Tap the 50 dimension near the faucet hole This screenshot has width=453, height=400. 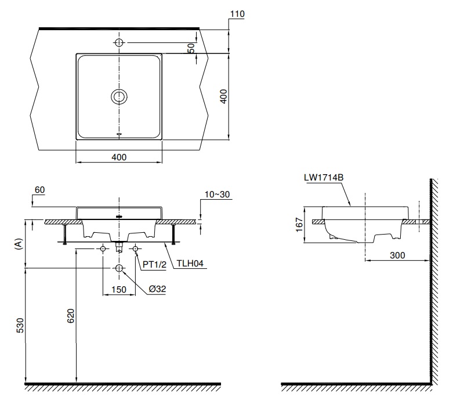click(x=191, y=49)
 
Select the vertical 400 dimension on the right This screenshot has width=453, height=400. click(x=223, y=96)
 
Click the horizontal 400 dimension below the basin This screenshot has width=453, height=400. click(x=119, y=157)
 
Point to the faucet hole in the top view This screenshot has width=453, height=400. click(x=119, y=43)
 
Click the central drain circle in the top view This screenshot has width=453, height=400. click(x=119, y=96)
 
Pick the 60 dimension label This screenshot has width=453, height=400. click(x=40, y=190)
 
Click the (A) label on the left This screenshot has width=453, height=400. click(x=19, y=244)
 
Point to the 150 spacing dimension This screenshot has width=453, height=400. click(x=119, y=289)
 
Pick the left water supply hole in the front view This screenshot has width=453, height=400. click(x=103, y=248)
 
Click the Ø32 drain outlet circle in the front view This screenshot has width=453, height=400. click(x=119, y=268)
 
